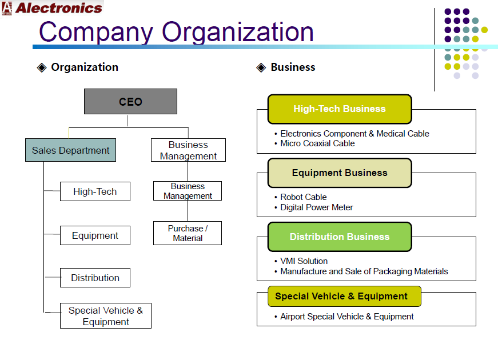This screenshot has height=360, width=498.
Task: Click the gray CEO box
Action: (130, 101)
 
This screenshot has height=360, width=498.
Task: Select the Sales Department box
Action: (70, 150)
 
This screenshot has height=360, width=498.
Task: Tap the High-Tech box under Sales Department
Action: (95, 191)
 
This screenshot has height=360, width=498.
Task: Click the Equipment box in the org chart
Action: (95, 235)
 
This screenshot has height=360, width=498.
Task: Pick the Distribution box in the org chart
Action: (95, 278)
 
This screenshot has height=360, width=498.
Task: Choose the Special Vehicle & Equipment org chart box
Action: (106, 315)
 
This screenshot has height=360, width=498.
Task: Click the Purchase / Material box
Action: (188, 233)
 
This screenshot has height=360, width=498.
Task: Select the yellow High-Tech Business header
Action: (340, 109)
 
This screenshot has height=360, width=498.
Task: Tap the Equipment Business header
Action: (340, 173)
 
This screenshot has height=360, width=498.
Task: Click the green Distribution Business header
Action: (340, 237)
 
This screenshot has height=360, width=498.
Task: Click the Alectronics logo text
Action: (59, 8)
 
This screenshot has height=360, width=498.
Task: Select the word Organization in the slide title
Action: (238, 32)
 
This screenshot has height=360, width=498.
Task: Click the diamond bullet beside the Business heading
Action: (261, 67)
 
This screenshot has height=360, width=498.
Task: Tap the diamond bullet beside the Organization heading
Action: (42, 67)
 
